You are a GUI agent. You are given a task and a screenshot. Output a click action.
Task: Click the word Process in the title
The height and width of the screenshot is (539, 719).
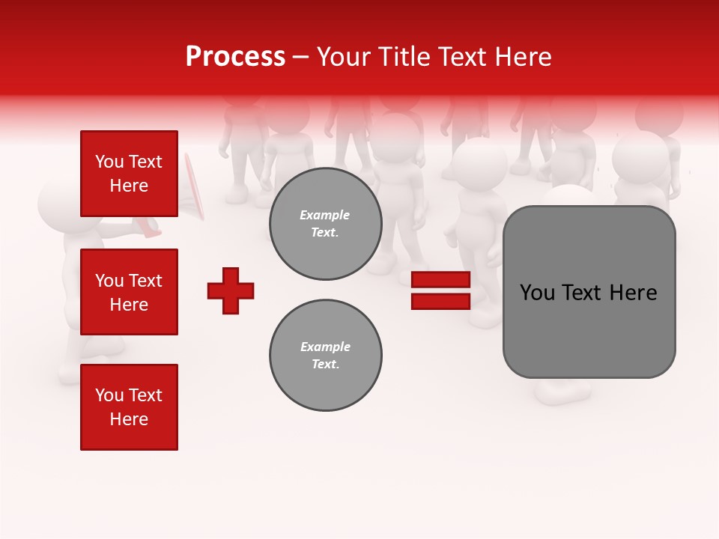(235, 57)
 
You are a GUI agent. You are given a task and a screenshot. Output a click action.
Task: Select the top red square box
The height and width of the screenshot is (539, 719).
(129, 174)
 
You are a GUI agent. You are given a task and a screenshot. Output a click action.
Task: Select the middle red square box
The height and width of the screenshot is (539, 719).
(129, 292)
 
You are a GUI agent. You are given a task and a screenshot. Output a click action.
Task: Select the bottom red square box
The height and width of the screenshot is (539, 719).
(129, 407)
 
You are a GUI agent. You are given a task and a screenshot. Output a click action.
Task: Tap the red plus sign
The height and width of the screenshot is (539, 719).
(231, 290)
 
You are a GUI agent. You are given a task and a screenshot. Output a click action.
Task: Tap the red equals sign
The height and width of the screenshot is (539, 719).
(440, 290)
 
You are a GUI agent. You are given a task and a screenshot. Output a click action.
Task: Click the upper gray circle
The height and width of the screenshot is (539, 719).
(326, 224)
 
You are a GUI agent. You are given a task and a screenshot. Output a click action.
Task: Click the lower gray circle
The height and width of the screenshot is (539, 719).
(326, 356)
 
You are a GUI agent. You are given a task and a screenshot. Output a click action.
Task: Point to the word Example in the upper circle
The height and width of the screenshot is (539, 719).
(325, 215)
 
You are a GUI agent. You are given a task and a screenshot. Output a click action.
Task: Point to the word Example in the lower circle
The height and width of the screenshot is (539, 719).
(325, 347)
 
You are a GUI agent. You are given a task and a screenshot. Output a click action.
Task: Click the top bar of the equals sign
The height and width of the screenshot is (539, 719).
(440, 280)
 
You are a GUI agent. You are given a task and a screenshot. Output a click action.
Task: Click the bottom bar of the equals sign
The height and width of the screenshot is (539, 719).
(440, 301)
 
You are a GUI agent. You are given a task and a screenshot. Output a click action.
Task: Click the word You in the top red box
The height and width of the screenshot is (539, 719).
(109, 162)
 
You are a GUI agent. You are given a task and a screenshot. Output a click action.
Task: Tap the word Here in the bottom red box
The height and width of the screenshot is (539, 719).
(129, 419)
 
